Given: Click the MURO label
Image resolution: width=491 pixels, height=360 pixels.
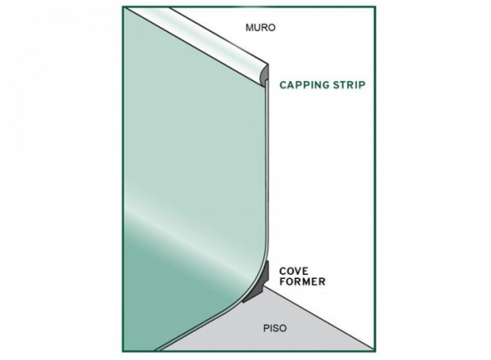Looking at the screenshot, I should pos(261,28).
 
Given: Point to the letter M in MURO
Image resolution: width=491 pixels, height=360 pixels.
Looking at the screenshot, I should pos(250,28).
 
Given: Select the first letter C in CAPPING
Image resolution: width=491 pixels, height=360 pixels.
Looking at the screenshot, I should pos(282,83).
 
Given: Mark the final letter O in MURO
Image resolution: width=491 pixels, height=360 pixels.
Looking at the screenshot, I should pos(273,28).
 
